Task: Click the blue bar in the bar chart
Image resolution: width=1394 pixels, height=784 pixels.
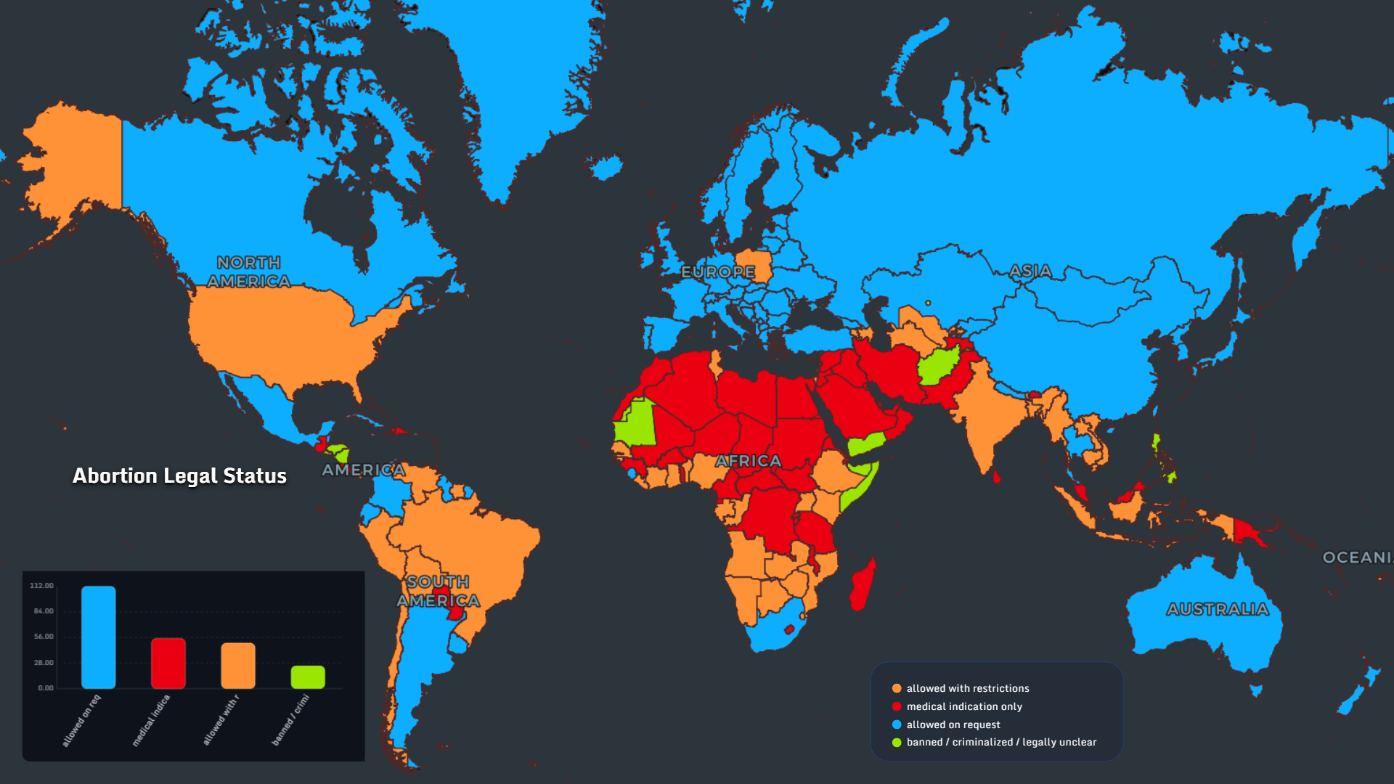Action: [x=98, y=637]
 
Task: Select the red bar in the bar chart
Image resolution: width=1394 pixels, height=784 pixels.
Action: [x=168, y=663]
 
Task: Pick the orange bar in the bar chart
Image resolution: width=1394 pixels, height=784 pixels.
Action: [x=237, y=665]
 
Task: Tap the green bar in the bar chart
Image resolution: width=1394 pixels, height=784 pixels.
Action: [x=308, y=677]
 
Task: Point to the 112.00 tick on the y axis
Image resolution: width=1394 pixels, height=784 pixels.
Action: [x=41, y=586]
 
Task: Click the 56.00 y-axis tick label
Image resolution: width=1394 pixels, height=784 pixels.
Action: [x=44, y=637]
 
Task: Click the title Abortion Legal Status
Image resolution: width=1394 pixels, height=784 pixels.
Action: [x=179, y=475]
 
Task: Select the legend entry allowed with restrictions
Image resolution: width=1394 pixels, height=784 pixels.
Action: [x=967, y=688]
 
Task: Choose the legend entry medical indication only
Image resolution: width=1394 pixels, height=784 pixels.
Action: [x=963, y=706]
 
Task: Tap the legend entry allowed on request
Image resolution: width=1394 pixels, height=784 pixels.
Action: [x=953, y=724]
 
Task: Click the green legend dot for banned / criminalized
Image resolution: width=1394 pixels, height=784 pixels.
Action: [x=897, y=742]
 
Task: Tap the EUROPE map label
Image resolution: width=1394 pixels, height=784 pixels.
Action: [x=717, y=272]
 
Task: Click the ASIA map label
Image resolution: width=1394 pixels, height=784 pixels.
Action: [x=1030, y=271]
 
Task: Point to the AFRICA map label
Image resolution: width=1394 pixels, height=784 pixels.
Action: [x=748, y=461]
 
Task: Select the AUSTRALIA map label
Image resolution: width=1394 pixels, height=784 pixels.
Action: [x=1218, y=609]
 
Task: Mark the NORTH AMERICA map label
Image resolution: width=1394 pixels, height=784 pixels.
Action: [x=248, y=271]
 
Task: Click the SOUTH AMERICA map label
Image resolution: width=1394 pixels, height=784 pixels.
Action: [x=438, y=591]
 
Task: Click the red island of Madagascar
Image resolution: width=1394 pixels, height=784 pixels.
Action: [x=862, y=584]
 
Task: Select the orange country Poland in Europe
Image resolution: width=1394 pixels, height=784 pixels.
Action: [x=754, y=266]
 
